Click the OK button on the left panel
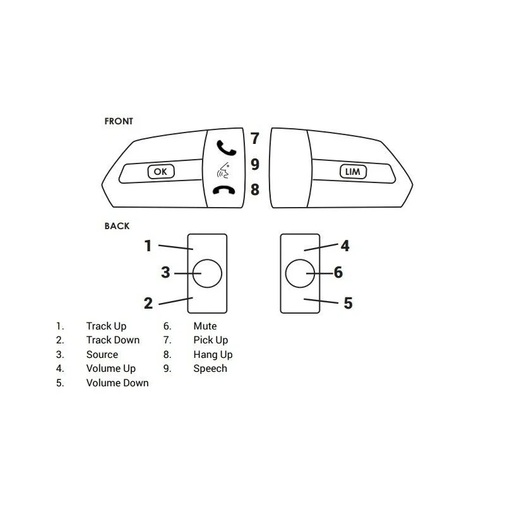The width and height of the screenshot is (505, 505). (161, 171)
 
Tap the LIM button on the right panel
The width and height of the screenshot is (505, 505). (353, 171)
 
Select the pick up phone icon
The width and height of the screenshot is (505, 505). (226, 148)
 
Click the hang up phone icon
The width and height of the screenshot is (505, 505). (224, 190)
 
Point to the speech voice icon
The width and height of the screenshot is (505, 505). (223, 170)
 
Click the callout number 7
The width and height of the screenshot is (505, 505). (255, 138)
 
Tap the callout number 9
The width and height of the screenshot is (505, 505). (255, 164)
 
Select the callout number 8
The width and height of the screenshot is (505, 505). (255, 189)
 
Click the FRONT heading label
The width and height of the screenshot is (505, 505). (119, 121)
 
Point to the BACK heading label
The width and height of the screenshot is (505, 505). (117, 226)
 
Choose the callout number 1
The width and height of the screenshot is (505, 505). (148, 246)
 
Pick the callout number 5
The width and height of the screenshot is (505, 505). (348, 303)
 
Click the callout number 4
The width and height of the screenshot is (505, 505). (345, 246)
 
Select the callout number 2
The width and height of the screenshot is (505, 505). (148, 303)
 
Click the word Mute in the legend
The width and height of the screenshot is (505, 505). (205, 326)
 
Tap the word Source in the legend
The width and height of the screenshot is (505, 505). (102, 354)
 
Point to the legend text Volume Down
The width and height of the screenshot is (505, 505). (117, 383)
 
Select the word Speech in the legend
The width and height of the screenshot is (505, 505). (210, 369)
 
